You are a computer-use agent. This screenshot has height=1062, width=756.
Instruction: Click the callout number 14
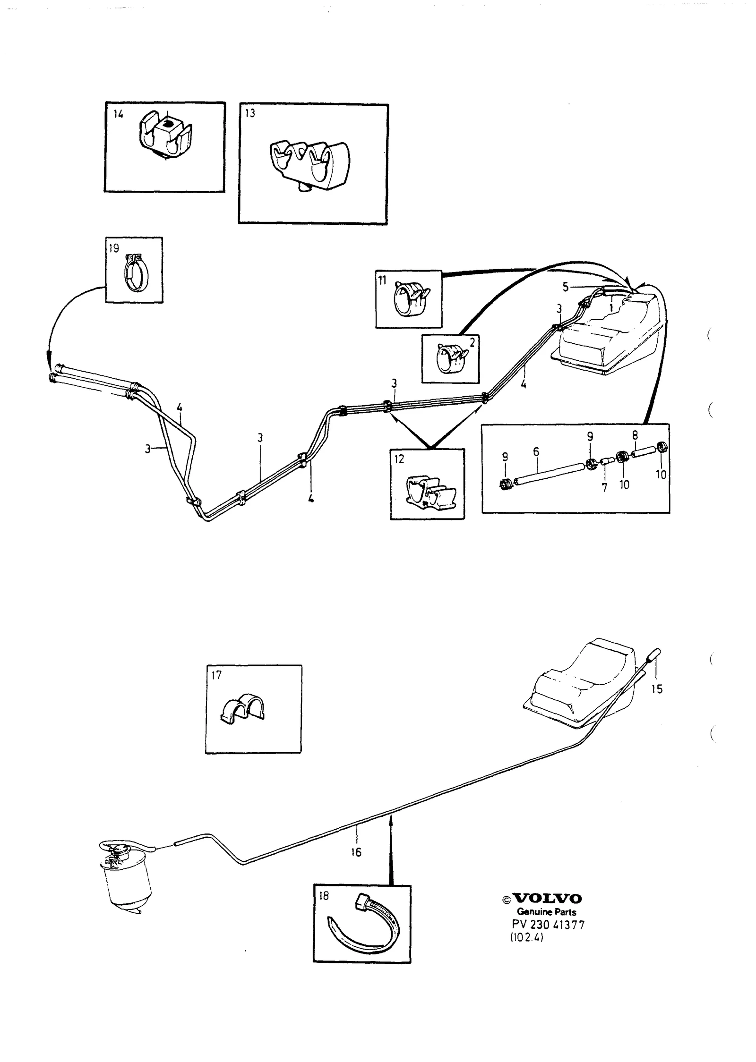click(x=118, y=114)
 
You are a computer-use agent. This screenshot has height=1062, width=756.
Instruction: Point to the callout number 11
click(x=382, y=280)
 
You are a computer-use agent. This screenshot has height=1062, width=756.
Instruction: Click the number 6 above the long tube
click(x=536, y=451)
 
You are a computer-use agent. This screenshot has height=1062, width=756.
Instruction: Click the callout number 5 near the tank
click(x=566, y=287)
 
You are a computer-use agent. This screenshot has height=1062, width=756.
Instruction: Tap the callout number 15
click(x=657, y=689)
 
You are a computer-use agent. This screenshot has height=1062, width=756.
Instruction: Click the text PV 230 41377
click(x=548, y=925)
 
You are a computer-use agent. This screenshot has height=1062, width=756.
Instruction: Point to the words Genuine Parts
click(x=546, y=912)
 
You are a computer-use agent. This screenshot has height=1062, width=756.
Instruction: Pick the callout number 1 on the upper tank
click(x=611, y=307)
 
